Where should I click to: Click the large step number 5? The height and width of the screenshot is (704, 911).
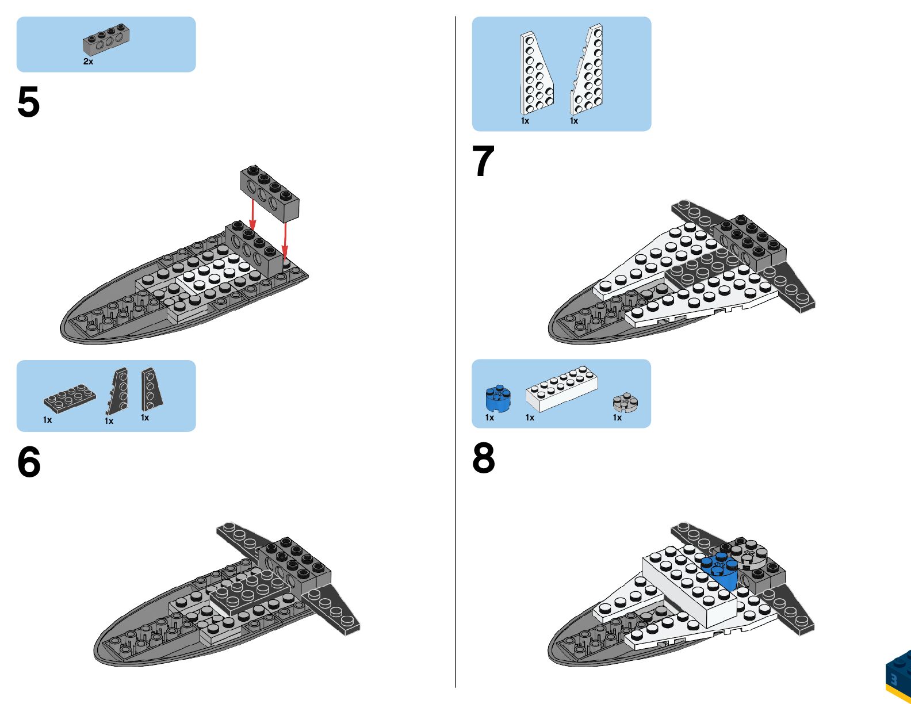[x=29, y=102]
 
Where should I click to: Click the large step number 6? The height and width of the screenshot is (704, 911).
[x=29, y=462]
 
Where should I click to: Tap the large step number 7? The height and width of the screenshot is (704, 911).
[x=483, y=161]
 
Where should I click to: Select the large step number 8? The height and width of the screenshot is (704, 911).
[x=484, y=458]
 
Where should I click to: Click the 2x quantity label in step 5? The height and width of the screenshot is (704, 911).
[x=88, y=62]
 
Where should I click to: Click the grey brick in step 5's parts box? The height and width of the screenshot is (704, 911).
[x=106, y=39]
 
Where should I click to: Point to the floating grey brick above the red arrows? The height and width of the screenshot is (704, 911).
[x=270, y=192]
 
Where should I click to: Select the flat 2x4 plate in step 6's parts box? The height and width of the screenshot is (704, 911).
[x=70, y=397]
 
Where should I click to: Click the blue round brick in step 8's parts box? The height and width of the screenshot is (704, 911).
[x=498, y=399]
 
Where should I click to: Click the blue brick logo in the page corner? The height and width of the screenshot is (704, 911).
[x=898, y=676]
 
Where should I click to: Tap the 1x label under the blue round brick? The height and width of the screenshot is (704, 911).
[x=489, y=418]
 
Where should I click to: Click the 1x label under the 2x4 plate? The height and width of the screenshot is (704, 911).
[x=47, y=420]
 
